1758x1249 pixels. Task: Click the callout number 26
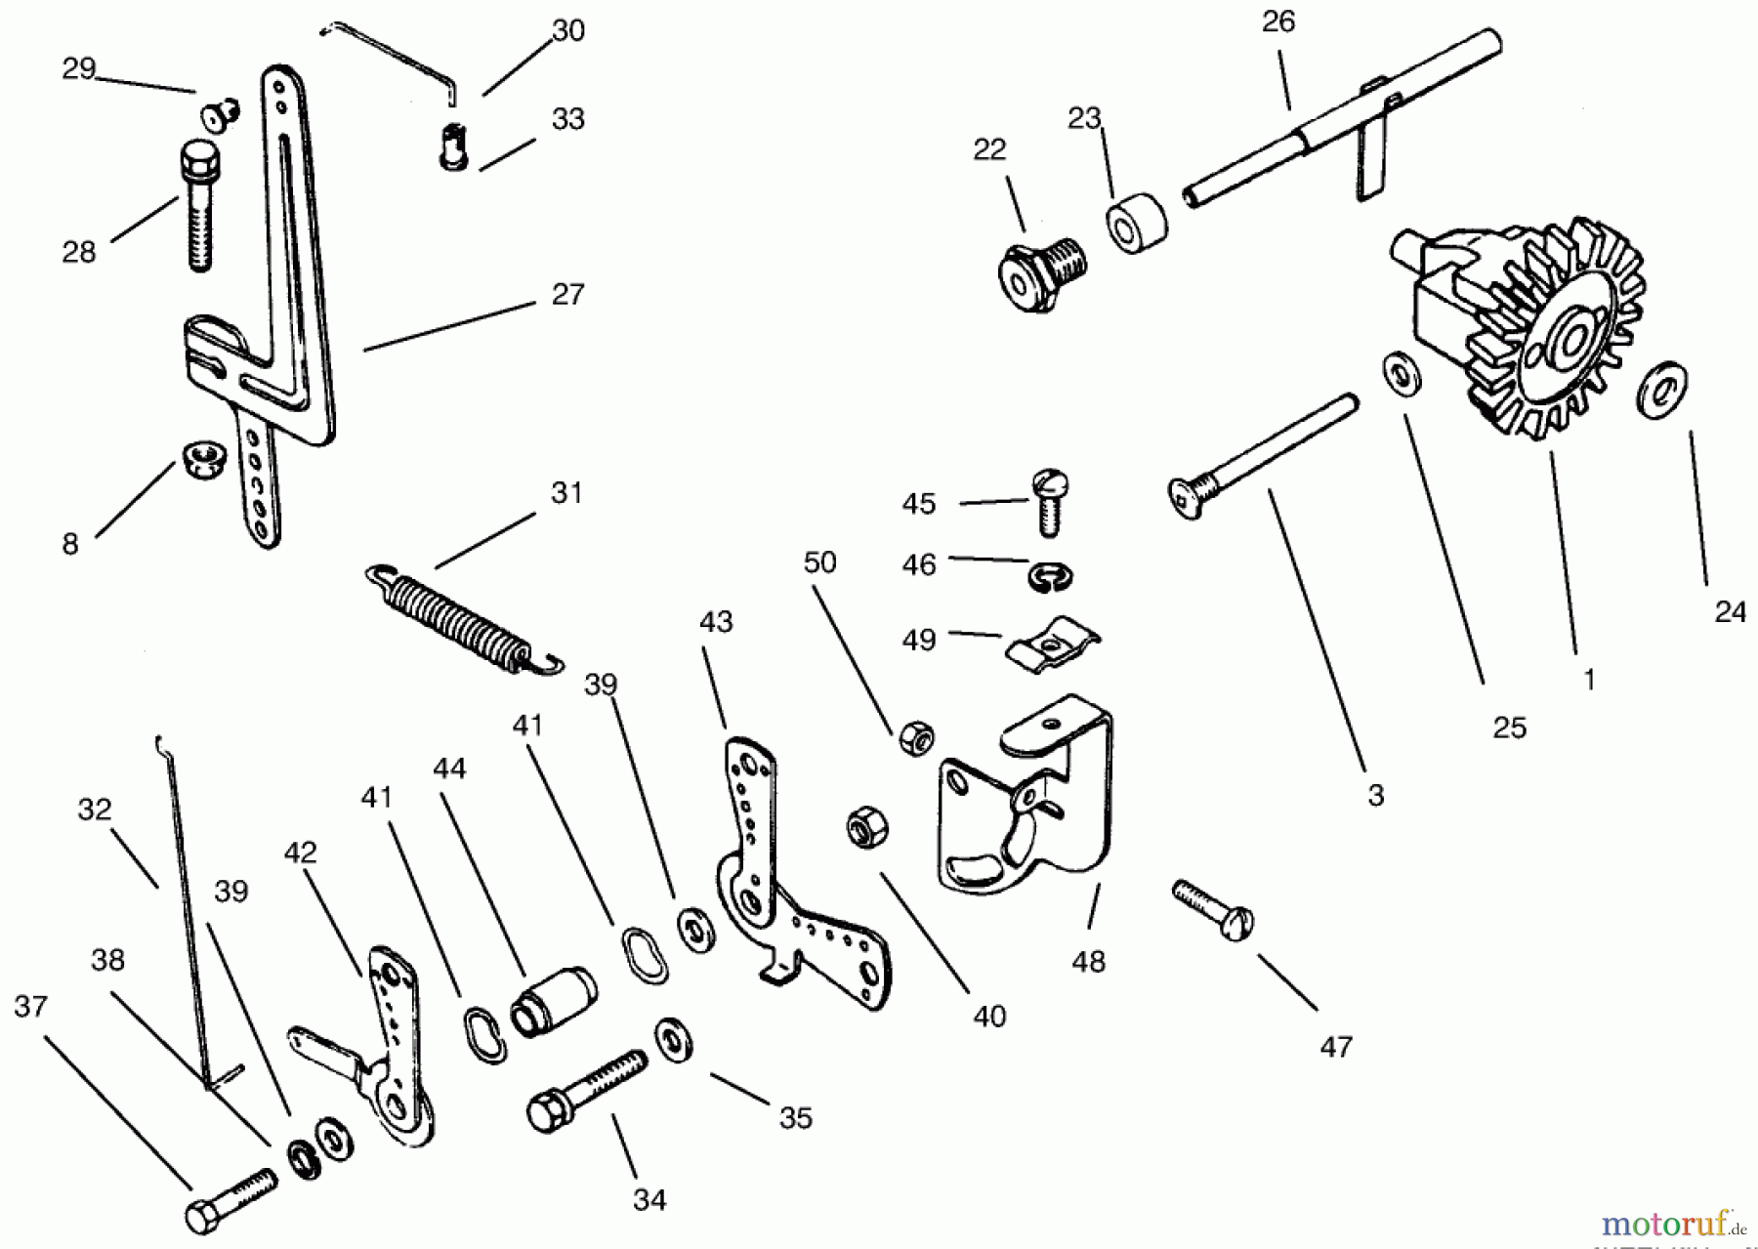point(1277,21)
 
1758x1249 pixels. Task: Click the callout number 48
point(1088,962)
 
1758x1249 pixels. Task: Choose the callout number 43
point(716,622)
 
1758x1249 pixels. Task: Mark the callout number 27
point(567,294)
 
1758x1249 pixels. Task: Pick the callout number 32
point(95,810)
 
